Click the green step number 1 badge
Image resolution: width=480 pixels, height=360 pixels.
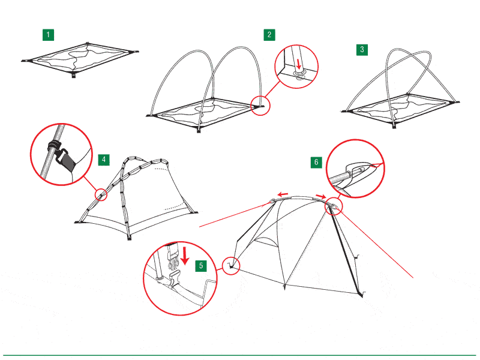coord(48,35)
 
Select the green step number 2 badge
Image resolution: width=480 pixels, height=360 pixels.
coord(269,35)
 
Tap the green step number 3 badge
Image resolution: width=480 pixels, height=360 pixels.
coord(362,50)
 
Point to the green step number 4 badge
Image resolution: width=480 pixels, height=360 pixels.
coord(104,160)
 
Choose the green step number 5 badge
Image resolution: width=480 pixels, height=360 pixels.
coord(201,265)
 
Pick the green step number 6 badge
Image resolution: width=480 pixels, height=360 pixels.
coord(316,162)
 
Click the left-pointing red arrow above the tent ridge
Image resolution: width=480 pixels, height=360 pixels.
coord(283,194)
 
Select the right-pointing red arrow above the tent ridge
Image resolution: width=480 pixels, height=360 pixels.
coord(321,196)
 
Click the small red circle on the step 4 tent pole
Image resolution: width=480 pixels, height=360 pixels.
coord(101,194)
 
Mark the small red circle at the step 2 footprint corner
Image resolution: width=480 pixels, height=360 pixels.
coord(260,106)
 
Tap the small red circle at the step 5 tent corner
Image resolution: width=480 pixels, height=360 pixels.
coord(231,266)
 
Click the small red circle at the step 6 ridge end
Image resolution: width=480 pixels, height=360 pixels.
coord(334,206)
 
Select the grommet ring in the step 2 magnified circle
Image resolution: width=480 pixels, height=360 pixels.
coord(299,73)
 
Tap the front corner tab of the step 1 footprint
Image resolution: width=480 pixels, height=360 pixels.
coord(73,74)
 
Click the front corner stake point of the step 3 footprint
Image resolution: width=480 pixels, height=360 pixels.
coord(394,125)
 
